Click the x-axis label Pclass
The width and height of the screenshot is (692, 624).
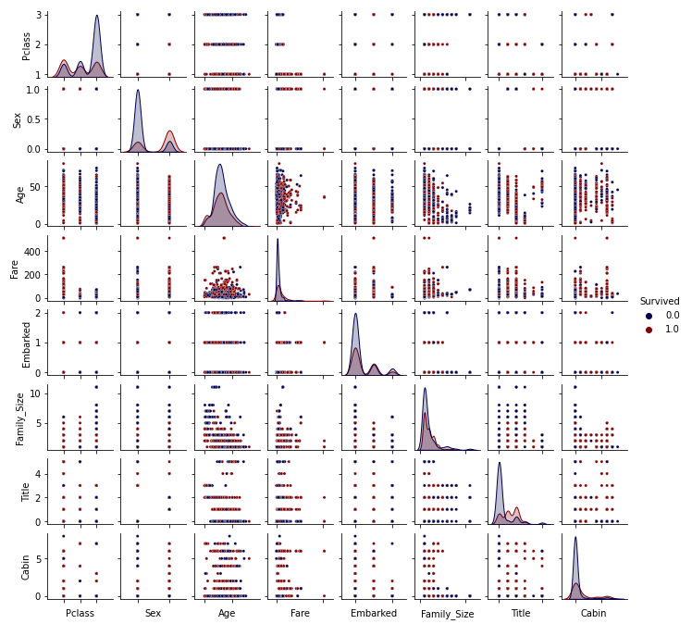[80, 613]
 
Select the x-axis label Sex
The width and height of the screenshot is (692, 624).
[154, 613]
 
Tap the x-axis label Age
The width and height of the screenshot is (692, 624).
[227, 613]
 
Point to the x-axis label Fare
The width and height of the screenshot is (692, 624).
[301, 613]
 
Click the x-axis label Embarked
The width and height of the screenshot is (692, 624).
[374, 613]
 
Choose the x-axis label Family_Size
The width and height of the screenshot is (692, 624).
[448, 614]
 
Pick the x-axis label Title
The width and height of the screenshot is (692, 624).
[521, 613]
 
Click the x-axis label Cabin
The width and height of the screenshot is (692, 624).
[594, 613]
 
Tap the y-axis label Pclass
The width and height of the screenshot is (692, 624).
[27, 44]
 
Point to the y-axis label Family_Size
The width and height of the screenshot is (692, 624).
[20, 418]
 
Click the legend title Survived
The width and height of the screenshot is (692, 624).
[660, 302]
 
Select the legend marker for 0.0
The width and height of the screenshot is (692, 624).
[649, 316]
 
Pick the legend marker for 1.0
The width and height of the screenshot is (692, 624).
[649, 330]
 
